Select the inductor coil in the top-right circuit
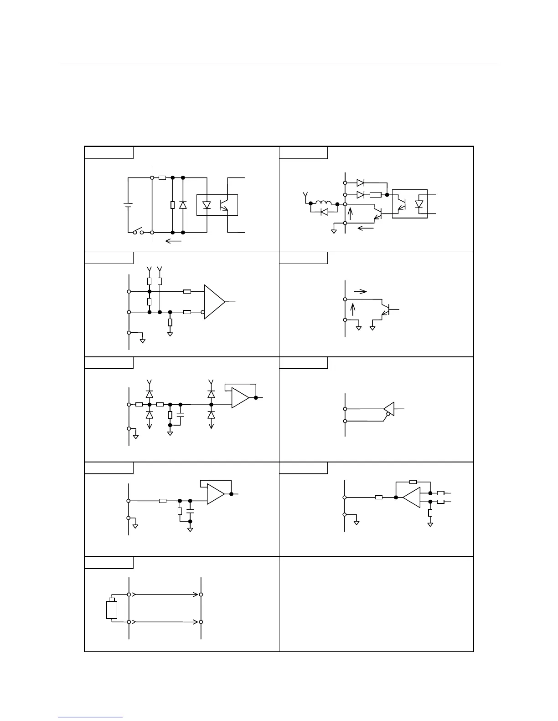(324, 203)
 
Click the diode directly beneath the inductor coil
(324, 212)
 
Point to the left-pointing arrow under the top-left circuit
(173, 241)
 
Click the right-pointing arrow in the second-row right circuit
(360, 291)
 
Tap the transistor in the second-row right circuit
(386, 310)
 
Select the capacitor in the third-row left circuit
(181, 415)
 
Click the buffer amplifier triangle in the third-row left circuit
(240, 397)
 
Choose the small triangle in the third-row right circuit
(388, 409)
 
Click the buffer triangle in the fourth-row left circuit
(216, 494)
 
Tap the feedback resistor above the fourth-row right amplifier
(413, 481)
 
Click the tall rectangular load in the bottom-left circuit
(112, 609)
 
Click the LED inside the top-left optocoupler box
(207, 205)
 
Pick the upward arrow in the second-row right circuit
(351, 310)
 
